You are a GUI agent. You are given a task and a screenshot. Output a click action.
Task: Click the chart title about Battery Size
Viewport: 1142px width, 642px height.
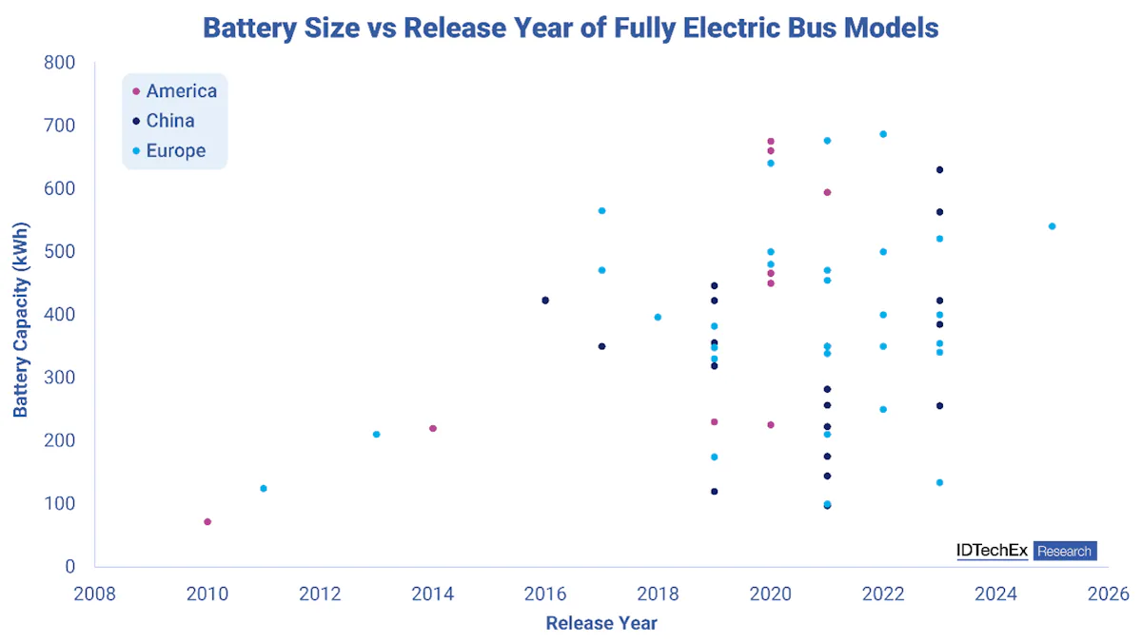[571, 28]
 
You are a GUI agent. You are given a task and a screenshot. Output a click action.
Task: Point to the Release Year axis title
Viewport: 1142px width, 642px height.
[601, 624]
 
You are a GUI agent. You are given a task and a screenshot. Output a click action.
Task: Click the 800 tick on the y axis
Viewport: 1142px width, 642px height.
[59, 64]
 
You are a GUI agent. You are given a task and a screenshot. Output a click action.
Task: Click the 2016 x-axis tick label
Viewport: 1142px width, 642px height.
[545, 594]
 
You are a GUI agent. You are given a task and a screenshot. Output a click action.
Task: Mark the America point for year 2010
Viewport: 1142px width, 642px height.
[207, 522]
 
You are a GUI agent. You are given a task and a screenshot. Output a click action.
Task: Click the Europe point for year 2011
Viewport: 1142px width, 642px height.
[264, 489]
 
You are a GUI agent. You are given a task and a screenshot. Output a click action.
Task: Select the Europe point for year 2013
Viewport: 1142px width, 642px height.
[376, 435]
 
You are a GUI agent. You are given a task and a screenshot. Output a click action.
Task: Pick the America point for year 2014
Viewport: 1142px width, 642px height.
[433, 429]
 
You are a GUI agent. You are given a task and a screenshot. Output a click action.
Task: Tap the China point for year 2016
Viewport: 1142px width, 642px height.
[545, 301]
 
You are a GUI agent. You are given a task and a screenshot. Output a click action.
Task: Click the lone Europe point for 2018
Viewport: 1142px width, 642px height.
[658, 317]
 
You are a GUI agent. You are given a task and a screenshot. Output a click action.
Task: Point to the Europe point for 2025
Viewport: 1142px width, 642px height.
[1052, 226]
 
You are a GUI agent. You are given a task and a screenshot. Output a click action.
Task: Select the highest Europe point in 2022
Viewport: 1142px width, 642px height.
[883, 134]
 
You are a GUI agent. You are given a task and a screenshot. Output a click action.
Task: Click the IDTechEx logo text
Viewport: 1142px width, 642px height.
[992, 551]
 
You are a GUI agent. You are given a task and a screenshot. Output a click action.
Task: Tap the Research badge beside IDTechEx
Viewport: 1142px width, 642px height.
[1064, 551]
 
